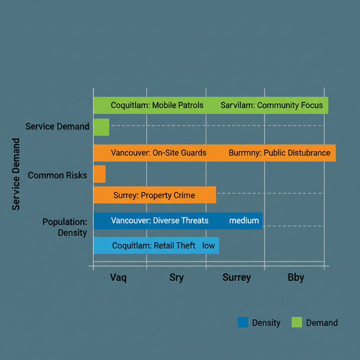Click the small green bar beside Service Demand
pos(101,127)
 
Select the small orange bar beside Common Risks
pos(99,174)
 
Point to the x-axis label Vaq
pos(118,277)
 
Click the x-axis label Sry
pos(176,277)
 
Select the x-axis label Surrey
pos(237,277)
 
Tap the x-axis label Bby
pos(296,277)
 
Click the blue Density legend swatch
pos(243,322)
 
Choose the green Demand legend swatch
pos(297,322)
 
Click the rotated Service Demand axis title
pos(16,174)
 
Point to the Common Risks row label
pos(57,175)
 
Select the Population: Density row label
pos(65,227)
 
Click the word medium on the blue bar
pos(244,221)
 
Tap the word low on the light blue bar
pos(208,245)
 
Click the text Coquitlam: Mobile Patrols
pos(157,105)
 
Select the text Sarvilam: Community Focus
pos(272,105)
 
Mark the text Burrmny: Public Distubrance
pos(279,153)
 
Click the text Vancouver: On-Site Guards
pos(159,153)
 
